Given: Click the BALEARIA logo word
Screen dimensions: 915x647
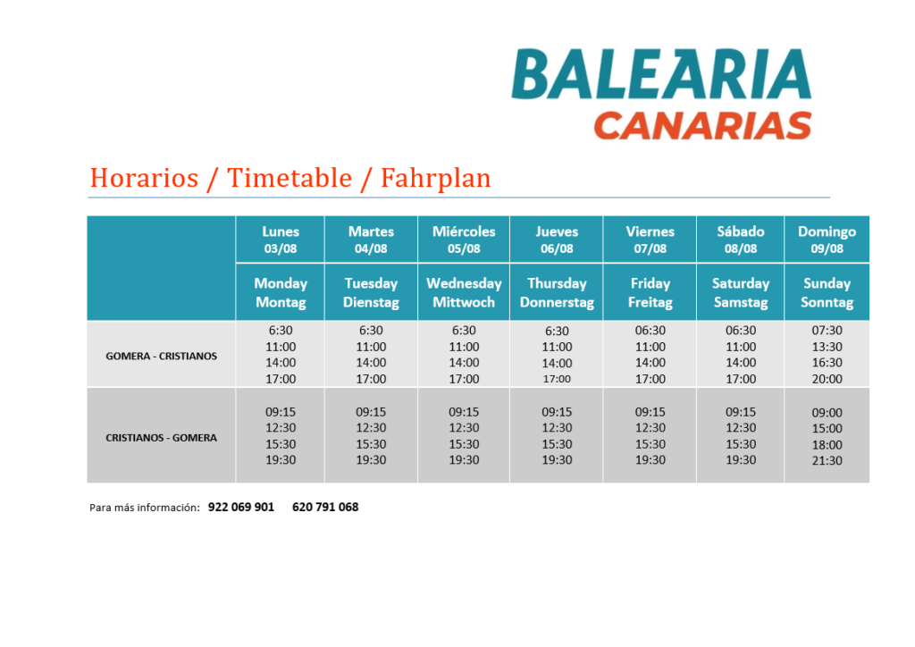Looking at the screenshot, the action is (661, 74).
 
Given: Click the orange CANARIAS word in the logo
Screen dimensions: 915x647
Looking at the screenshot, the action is (702, 126).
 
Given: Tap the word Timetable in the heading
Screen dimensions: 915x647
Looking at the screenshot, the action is (290, 177).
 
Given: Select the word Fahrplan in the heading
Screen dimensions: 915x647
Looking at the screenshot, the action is (436, 178).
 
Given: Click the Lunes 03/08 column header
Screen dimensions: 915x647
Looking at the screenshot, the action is (281, 239).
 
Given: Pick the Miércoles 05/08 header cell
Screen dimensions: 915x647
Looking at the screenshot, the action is (464, 239).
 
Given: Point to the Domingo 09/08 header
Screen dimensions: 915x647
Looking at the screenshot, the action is (827, 239).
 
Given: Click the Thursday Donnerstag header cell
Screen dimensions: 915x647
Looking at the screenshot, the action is (557, 292).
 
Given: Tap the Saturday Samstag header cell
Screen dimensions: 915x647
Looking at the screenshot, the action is (741, 292).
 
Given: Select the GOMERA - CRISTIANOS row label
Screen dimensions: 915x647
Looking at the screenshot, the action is (161, 356).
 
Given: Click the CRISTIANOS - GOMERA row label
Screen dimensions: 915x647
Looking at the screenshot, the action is (161, 438).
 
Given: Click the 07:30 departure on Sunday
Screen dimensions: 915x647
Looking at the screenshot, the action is (827, 331).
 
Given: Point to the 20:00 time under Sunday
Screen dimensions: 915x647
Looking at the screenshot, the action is (827, 379).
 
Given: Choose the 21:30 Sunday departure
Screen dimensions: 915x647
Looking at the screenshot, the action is (827, 461).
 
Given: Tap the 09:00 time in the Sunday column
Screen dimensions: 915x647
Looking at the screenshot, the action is (827, 413).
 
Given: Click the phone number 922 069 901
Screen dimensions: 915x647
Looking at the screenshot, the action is (241, 507).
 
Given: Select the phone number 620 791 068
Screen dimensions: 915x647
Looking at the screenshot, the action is (325, 507).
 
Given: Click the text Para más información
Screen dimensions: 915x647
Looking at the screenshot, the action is (145, 508).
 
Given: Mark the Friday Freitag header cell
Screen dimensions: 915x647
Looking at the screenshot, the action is (651, 292).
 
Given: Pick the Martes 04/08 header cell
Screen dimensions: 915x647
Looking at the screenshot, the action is (371, 239).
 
